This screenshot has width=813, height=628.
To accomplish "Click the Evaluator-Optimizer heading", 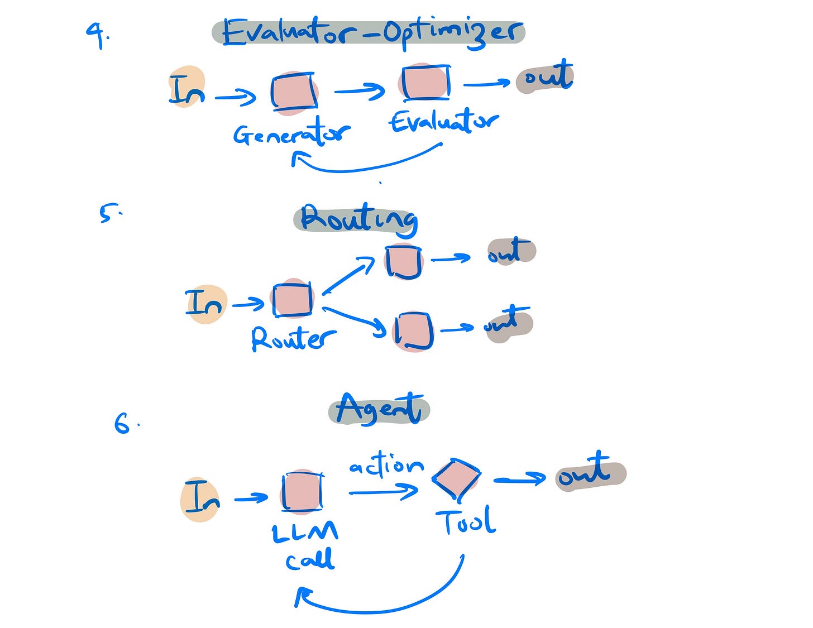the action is click(x=369, y=32).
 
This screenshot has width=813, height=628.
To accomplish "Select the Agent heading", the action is click(x=379, y=409).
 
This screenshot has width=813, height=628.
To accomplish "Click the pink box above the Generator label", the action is click(x=294, y=92).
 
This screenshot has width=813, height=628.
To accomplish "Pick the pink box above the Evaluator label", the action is click(x=425, y=82).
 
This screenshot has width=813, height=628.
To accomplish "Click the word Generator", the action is click(x=291, y=134).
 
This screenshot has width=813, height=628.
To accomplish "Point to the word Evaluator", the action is click(x=444, y=121).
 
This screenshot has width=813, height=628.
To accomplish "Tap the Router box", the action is click(x=293, y=299).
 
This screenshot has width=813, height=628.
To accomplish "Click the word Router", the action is click(x=293, y=338).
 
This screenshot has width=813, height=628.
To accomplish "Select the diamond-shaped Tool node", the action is click(x=456, y=478).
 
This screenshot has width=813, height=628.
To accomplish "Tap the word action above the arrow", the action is click(x=386, y=465).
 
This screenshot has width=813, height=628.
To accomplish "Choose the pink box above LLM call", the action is click(x=302, y=491).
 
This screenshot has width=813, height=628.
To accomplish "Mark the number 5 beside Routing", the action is click(x=107, y=213).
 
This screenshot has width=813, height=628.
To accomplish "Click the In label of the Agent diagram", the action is click(x=201, y=498).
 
